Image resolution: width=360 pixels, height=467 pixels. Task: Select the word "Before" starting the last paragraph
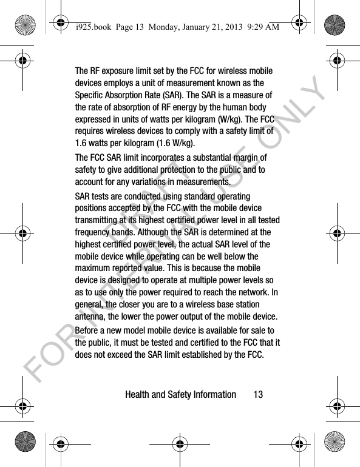click(x=89, y=331)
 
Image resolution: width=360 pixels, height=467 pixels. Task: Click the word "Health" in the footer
click(x=138, y=395)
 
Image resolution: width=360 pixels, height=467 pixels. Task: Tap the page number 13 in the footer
click(x=258, y=395)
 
